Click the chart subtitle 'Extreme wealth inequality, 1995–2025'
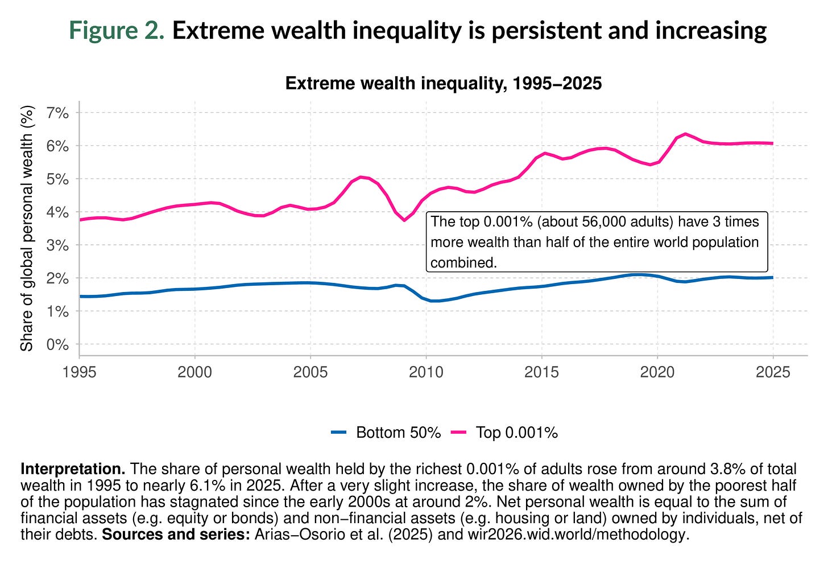pyautogui.click(x=443, y=84)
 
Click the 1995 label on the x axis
pyautogui.click(x=79, y=372)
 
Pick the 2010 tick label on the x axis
pyautogui.click(x=426, y=372)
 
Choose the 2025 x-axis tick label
pyautogui.click(x=772, y=372)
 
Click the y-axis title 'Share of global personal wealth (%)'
pyautogui.click(x=27, y=228)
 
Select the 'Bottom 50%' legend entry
pyautogui.click(x=398, y=433)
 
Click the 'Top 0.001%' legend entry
pyautogui.click(x=516, y=433)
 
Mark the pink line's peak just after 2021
pyautogui.click(x=686, y=134)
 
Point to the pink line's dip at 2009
pyautogui.click(x=404, y=220)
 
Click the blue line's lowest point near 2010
pyautogui.click(x=433, y=301)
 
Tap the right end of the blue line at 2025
pyautogui.click(x=772, y=277)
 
